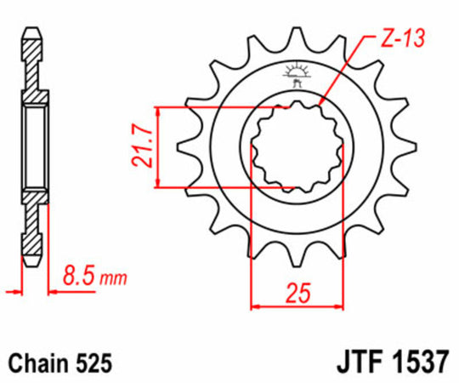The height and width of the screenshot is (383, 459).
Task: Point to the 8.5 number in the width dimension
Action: coord(78,276)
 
